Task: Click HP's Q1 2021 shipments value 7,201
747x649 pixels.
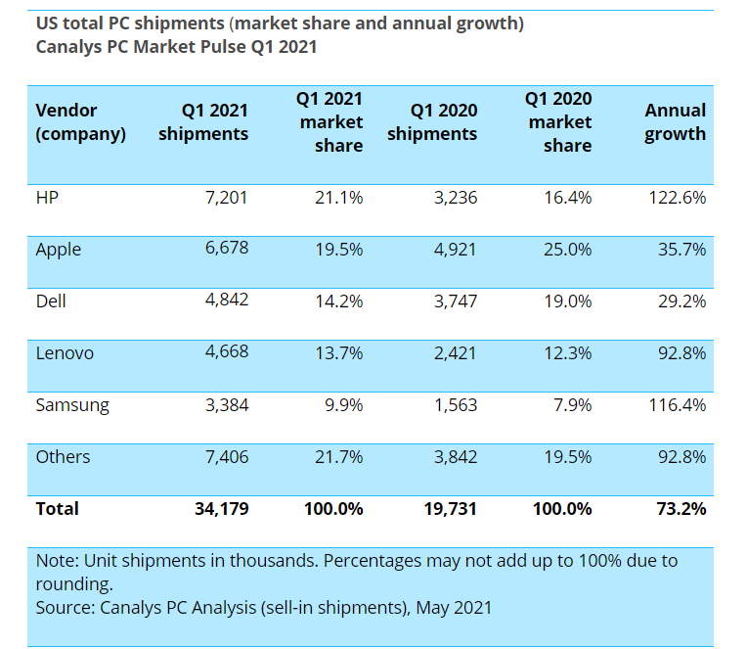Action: (226, 198)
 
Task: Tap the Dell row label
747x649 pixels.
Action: (51, 301)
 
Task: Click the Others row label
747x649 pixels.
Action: (63, 457)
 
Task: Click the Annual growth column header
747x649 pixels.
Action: (675, 122)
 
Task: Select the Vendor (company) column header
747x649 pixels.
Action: (80, 122)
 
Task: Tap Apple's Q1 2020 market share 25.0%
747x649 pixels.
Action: (567, 250)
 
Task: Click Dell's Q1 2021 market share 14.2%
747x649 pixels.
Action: (338, 301)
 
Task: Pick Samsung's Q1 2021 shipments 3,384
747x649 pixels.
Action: (226, 405)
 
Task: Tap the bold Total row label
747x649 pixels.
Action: (57, 509)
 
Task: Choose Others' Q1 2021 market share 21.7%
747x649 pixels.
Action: (338, 457)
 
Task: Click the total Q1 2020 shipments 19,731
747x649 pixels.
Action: (449, 509)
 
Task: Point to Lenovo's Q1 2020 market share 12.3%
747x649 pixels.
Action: (567, 353)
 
